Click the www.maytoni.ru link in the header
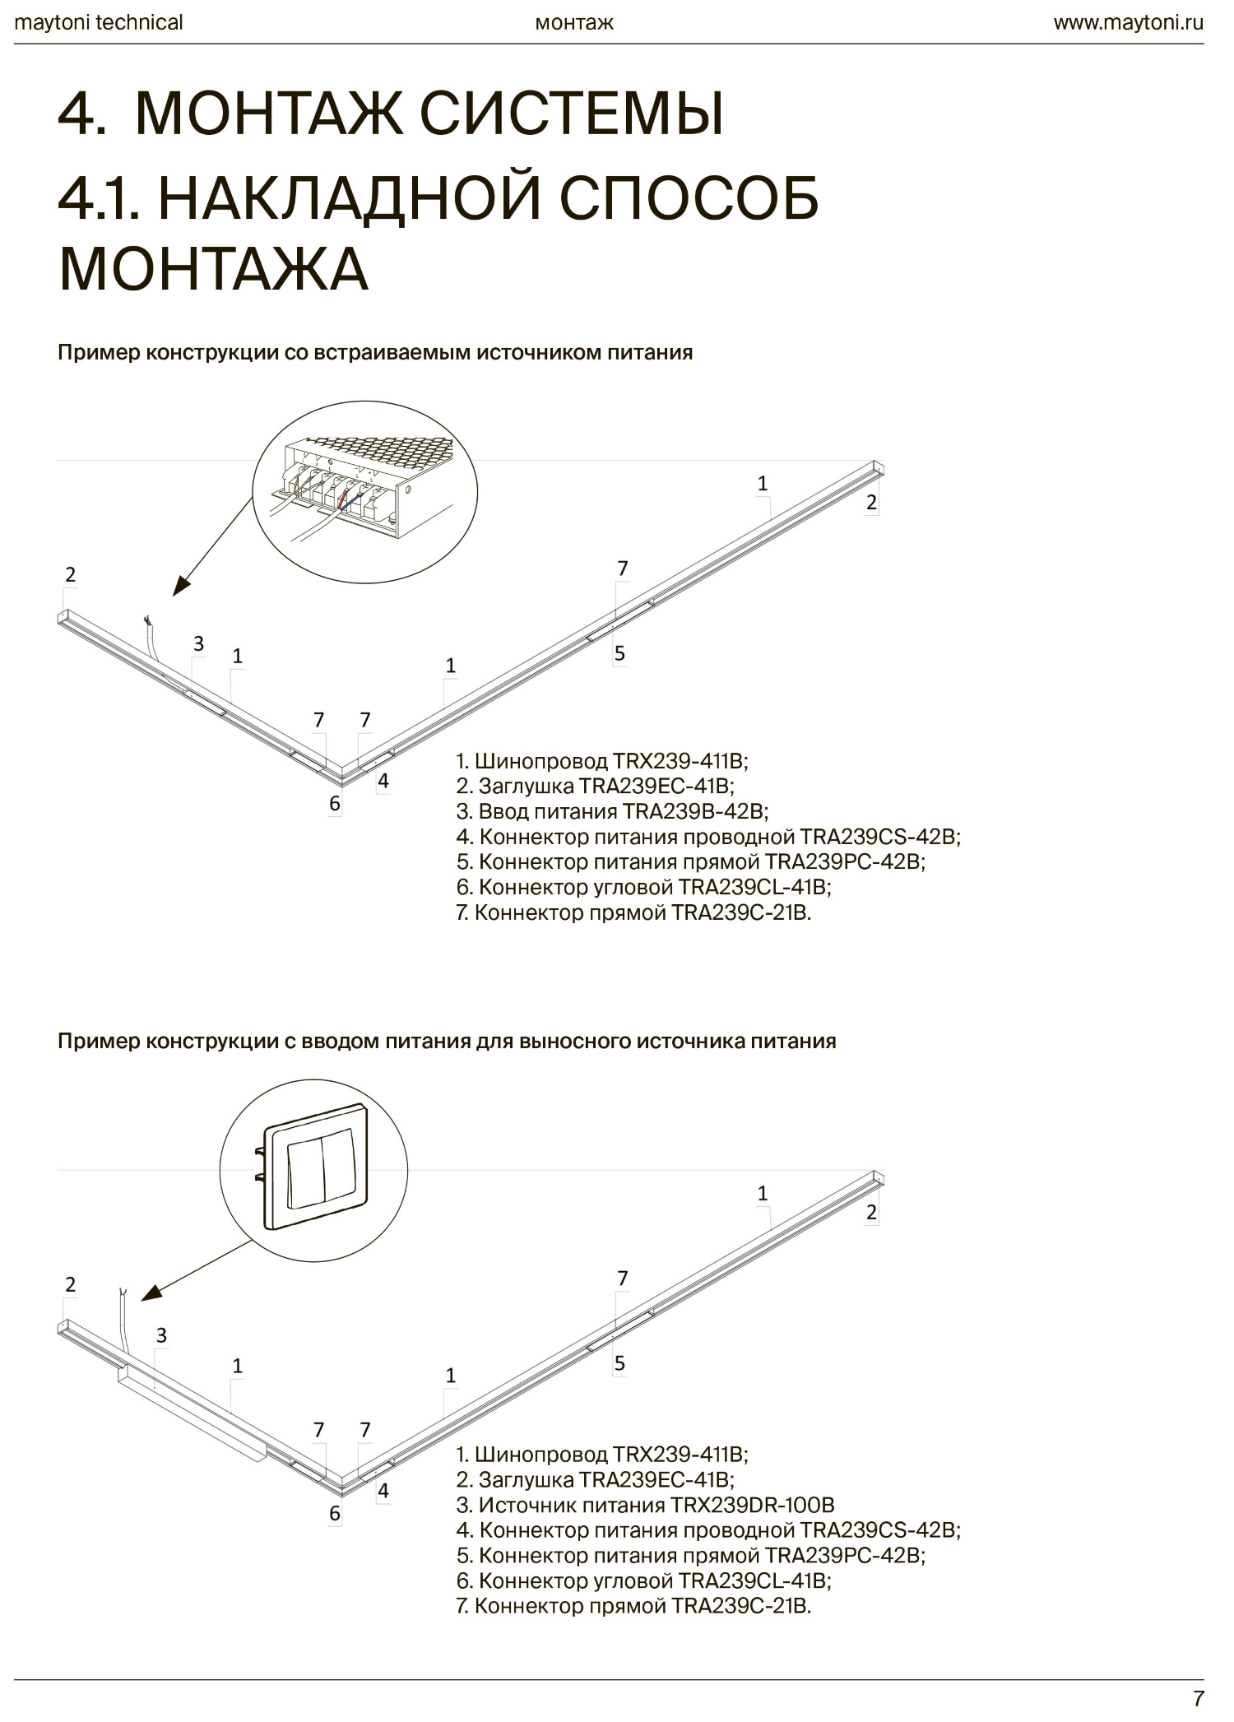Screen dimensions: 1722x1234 click(1128, 22)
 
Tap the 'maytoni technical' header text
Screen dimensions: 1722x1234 click(99, 22)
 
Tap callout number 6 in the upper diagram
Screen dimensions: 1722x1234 click(335, 803)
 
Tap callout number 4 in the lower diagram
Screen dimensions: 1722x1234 click(383, 1491)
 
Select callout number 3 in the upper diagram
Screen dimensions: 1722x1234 click(198, 643)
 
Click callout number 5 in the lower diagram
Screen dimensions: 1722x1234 click(619, 1363)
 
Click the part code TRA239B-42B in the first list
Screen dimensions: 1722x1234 click(694, 811)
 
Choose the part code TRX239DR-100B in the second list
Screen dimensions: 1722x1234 click(752, 1505)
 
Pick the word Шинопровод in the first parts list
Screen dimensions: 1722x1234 click(540, 760)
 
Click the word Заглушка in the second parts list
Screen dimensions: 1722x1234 click(526, 1479)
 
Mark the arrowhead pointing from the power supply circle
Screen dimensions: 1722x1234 click(180, 587)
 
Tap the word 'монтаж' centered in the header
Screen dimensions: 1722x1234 click(574, 22)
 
